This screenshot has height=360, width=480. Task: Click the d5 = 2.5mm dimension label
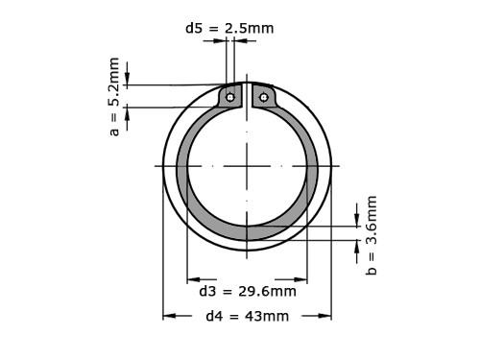click(x=229, y=28)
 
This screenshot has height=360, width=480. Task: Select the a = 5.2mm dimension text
click(x=114, y=96)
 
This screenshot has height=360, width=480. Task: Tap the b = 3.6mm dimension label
click(x=372, y=235)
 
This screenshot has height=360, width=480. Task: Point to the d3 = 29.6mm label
click(x=247, y=291)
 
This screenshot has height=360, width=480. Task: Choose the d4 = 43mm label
click(x=247, y=316)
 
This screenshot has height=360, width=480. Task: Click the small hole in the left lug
click(x=230, y=96)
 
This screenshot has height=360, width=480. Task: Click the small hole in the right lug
click(x=264, y=96)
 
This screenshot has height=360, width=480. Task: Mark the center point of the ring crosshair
click(x=247, y=166)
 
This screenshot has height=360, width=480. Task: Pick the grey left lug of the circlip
click(x=230, y=98)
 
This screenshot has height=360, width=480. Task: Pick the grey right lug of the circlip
click(x=264, y=98)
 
